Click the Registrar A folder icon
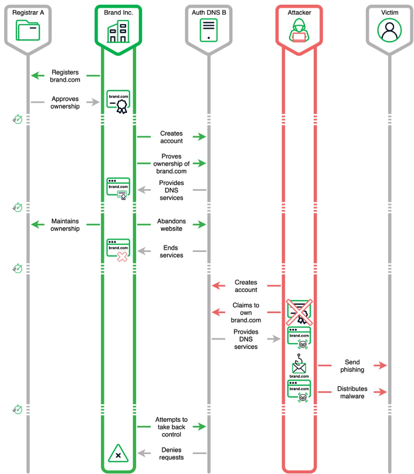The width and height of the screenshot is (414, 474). pyautogui.click(x=28, y=30)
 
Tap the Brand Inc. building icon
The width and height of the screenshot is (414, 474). pyautogui.click(x=118, y=31)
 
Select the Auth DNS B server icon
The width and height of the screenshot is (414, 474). pyautogui.click(x=209, y=30)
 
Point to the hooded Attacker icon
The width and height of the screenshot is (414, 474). pyautogui.click(x=299, y=30)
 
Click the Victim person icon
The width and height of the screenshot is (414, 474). pyautogui.click(x=389, y=30)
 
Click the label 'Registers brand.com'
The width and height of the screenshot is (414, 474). pyautogui.click(x=65, y=76)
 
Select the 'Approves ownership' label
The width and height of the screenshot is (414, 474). pyautogui.click(x=65, y=102)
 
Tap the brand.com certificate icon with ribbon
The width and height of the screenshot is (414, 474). pyautogui.click(x=118, y=102)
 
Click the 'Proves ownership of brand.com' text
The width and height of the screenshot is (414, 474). pyautogui.click(x=171, y=163)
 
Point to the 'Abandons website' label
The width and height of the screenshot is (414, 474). pyautogui.click(x=171, y=225)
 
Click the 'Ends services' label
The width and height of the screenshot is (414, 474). pyautogui.click(x=171, y=251)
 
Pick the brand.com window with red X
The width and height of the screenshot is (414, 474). pyautogui.click(x=118, y=250)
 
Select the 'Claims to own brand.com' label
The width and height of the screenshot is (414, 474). pyautogui.click(x=246, y=312)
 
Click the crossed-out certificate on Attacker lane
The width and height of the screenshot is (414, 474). pyautogui.click(x=299, y=312)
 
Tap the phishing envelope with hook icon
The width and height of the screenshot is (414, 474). pyautogui.click(x=299, y=366)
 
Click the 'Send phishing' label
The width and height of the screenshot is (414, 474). pyautogui.click(x=352, y=366)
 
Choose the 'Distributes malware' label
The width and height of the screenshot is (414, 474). pyautogui.click(x=352, y=392)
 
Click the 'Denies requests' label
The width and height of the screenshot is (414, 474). pyautogui.click(x=171, y=453)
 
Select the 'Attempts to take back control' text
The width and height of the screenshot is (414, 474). pyautogui.click(x=171, y=427)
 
